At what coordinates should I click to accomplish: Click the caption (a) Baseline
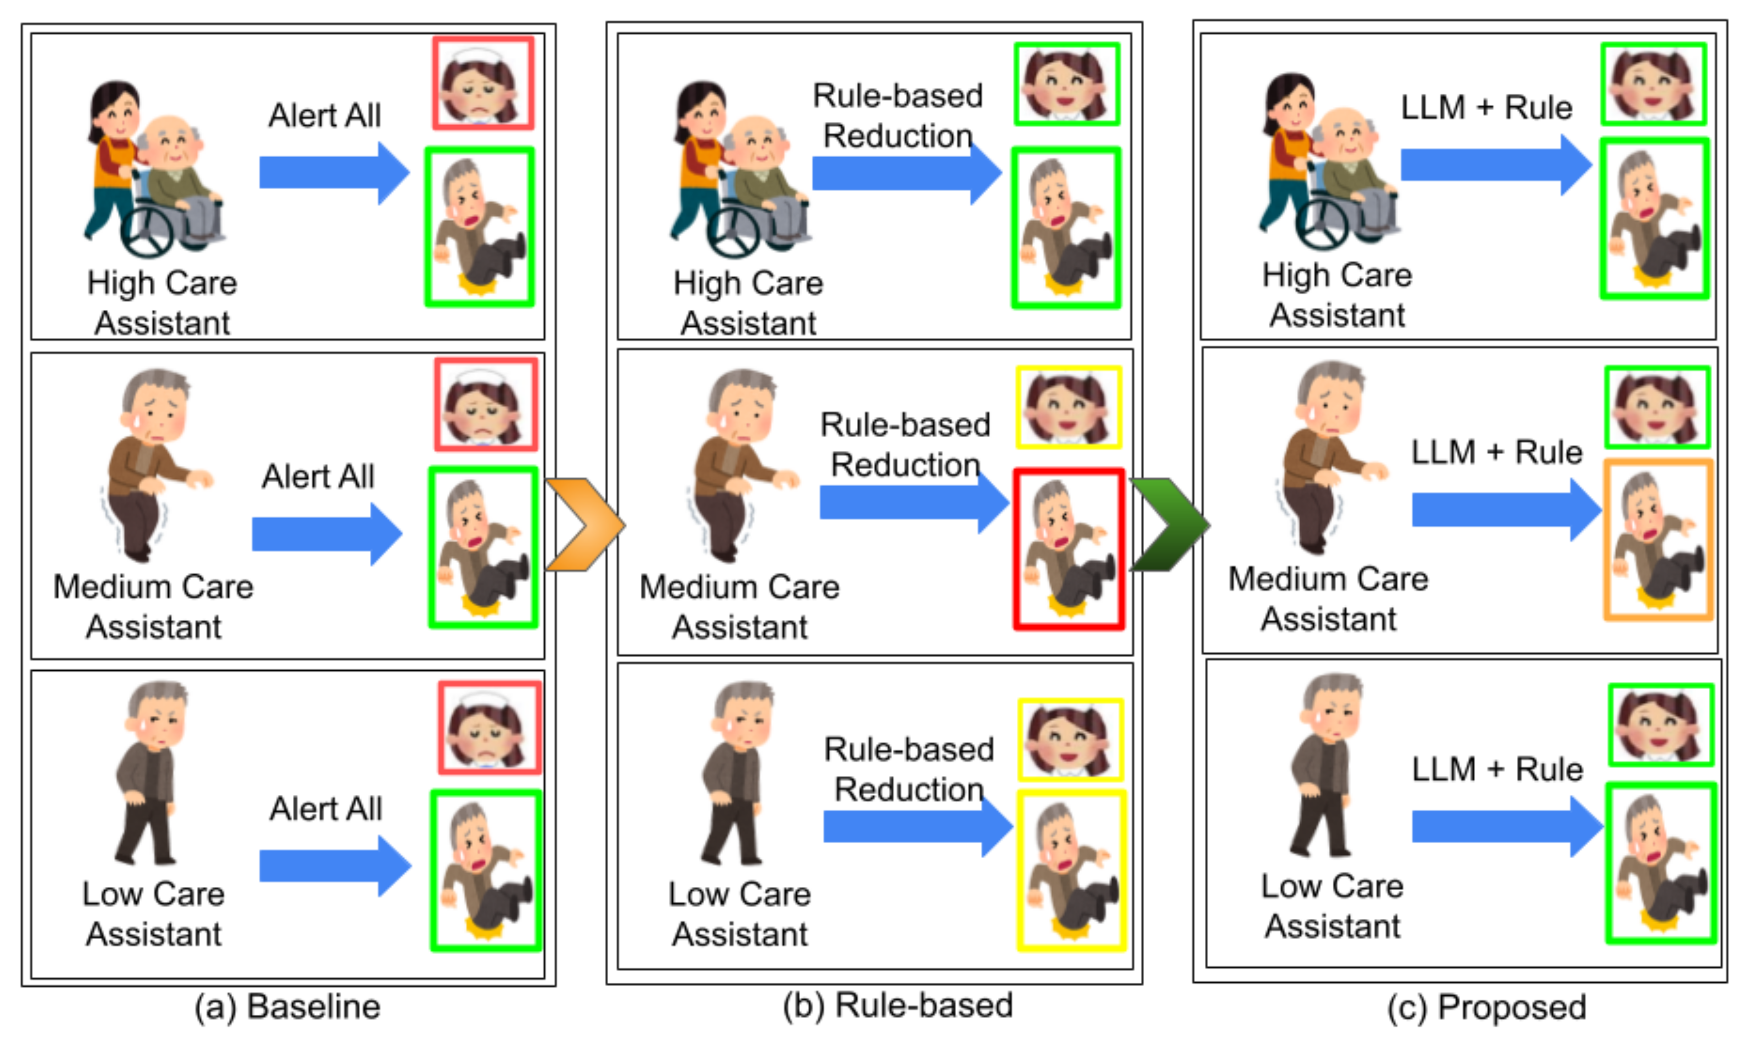(287, 1006)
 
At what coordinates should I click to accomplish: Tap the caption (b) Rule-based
(898, 1005)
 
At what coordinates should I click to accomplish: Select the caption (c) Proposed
(1486, 1007)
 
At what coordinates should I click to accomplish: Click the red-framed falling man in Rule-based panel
(1069, 548)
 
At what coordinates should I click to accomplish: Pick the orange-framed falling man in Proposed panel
(1658, 540)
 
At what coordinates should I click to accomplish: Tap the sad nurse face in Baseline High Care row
(483, 83)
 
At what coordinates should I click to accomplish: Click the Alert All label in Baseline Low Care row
(325, 809)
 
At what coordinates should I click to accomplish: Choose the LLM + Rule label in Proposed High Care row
(1486, 107)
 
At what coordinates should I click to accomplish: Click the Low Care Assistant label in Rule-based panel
(739, 913)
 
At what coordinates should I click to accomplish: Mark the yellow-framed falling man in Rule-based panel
(1071, 870)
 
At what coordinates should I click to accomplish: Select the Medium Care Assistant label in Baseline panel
(153, 606)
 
